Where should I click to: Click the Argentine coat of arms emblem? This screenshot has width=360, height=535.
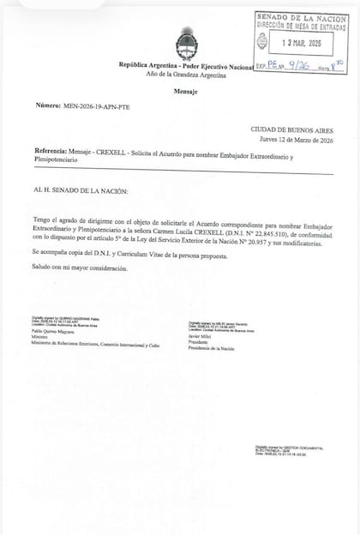pos(185,42)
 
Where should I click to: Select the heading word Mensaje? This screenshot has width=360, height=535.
pos(185,89)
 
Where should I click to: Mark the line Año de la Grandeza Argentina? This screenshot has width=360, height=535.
pos(185,75)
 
